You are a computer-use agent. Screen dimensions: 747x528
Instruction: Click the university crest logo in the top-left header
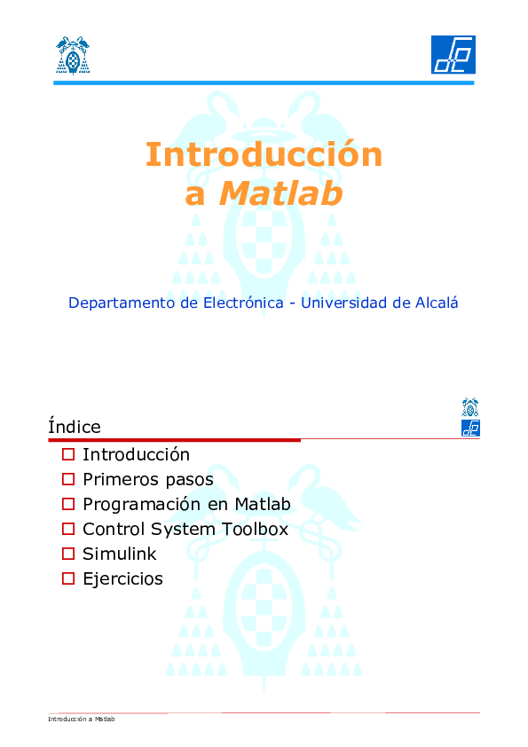pyautogui.click(x=72, y=55)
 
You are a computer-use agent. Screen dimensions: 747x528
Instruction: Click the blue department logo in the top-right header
pyautogui.click(x=453, y=55)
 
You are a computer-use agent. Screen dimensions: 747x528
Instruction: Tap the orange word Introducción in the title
pyautogui.click(x=264, y=154)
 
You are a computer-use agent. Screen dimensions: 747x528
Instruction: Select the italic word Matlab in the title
pyautogui.click(x=280, y=193)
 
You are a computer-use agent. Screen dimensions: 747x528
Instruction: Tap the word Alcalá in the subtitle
pyautogui.click(x=437, y=303)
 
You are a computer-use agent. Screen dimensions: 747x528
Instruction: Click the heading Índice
pyautogui.click(x=75, y=427)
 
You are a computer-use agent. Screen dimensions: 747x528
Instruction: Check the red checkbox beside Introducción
pyautogui.click(x=68, y=455)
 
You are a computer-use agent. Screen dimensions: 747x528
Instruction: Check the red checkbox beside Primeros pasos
pyautogui.click(x=68, y=480)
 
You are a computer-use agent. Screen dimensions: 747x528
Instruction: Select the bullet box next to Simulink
pyautogui.click(x=68, y=554)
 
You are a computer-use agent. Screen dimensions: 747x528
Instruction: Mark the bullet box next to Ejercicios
pyautogui.click(x=68, y=579)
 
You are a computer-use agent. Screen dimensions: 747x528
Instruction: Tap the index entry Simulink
pyautogui.click(x=120, y=554)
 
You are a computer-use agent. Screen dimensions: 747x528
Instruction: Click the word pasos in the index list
pyautogui.click(x=190, y=480)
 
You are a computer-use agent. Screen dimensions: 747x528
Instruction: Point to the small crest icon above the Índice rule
pyautogui.click(x=470, y=407)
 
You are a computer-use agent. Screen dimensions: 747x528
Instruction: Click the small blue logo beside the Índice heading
pyautogui.click(x=470, y=429)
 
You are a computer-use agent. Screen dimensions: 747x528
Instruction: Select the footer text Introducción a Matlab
pyautogui.click(x=82, y=719)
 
